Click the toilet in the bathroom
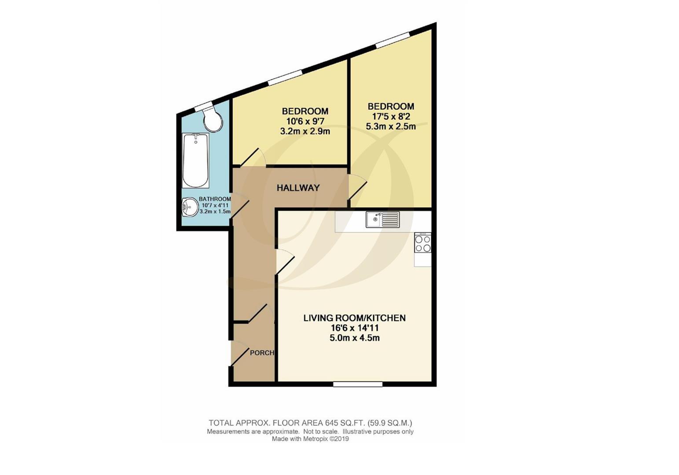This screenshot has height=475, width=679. tap(213, 120)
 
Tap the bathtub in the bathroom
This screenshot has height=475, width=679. tap(195, 160)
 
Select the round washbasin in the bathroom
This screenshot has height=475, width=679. tap(190, 207)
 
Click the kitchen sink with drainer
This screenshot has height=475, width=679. tap(382, 219)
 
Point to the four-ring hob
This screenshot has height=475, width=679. tap(422, 244)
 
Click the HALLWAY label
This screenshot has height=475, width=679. tap(298, 188)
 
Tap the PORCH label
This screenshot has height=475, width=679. tap(262, 353)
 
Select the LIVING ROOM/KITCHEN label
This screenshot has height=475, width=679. tap(354, 318)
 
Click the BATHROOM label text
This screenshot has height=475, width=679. tap(215, 199)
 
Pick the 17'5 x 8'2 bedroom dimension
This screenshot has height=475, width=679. tap(391, 117)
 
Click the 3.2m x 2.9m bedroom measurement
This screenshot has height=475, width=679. tap(305, 131)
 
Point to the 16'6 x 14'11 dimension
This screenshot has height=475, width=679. tap(355, 328)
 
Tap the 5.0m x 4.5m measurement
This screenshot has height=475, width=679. tap(355, 338)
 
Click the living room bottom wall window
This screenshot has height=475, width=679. tap(357, 384)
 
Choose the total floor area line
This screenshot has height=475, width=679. tap(310, 423)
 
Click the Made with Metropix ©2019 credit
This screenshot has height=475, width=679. tap(310, 439)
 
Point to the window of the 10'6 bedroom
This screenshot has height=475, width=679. tap(285, 77)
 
